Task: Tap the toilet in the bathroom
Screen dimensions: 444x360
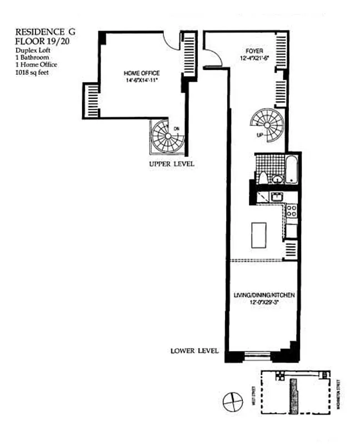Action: click(263, 178)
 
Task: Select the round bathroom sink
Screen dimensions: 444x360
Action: click(277, 178)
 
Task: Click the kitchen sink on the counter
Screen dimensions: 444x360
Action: click(277, 196)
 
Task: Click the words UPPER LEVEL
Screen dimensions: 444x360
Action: click(171, 165)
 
